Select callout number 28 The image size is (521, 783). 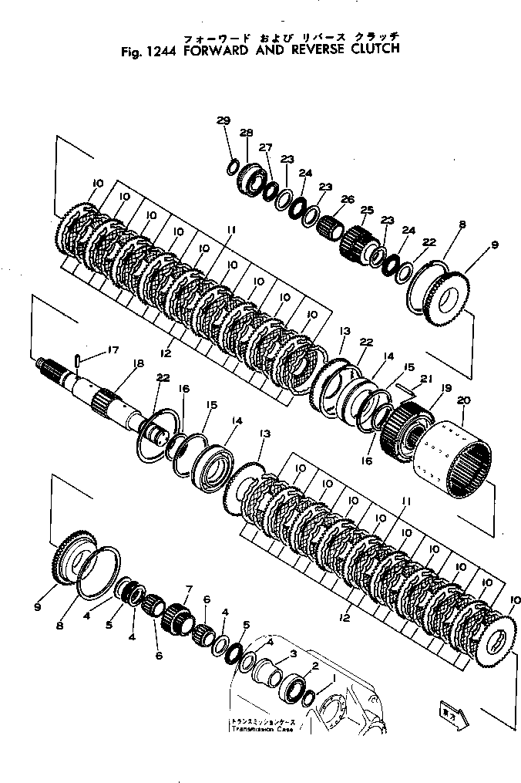click(x=247, y=132)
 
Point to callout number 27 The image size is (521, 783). click(x=265, y=147)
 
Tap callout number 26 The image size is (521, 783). click(x=348, y=200)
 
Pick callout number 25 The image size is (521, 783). click(x=366, y=211)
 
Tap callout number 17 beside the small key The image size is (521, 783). click(x=113, y=349)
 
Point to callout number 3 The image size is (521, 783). click(x=293, y=653)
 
